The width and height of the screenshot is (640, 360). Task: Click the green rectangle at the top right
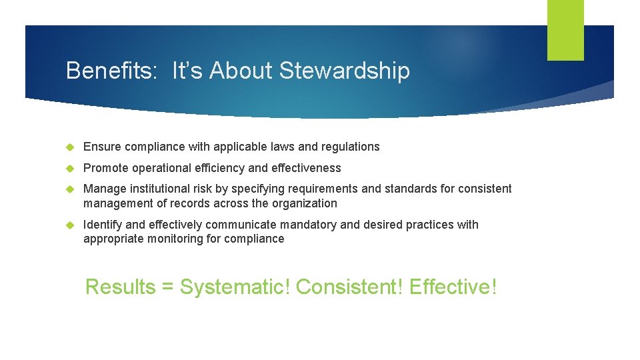point(565,30)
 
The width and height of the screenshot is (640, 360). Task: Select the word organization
point(304,203)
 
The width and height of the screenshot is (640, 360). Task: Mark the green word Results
point(120,287)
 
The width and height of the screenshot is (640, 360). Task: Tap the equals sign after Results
point(167,288)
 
